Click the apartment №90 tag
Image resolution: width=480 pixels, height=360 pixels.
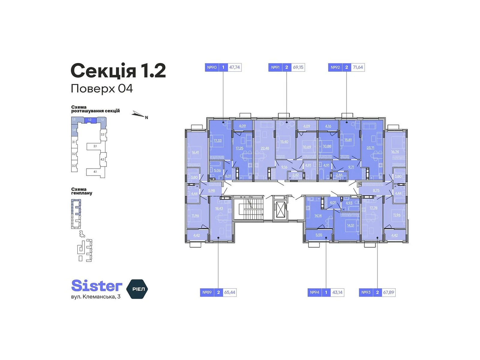coord(212,67)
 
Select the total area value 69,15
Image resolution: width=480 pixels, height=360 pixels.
coord(298,67)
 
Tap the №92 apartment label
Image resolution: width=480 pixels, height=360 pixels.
coord(335,67)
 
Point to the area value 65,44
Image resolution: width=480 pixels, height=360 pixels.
coord(230,292)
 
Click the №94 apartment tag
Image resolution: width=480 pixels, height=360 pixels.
coord(314,292)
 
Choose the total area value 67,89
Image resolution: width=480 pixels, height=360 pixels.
coord(388,292)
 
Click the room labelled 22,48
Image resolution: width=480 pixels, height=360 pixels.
coord(265,148)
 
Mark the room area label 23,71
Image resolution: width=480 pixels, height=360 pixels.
coord(370,148)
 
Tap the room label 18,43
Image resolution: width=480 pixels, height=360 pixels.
coord(219,208)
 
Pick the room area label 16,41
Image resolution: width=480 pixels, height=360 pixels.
coord(195,152)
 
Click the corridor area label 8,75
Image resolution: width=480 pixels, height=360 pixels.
coord(376,190)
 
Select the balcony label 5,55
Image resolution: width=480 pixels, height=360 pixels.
coord(319,235)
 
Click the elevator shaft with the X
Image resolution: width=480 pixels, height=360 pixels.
coord(280,209)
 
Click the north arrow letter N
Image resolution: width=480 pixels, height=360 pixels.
coord(146,118)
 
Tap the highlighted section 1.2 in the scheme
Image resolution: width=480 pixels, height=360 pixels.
coord(90,120)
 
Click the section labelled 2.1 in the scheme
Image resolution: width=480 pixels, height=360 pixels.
coord(95,146)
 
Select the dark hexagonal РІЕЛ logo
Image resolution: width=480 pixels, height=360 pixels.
coord(137,289)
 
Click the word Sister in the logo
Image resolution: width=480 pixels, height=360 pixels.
coord(97,286)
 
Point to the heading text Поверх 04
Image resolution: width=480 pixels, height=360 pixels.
coord(102,88)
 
